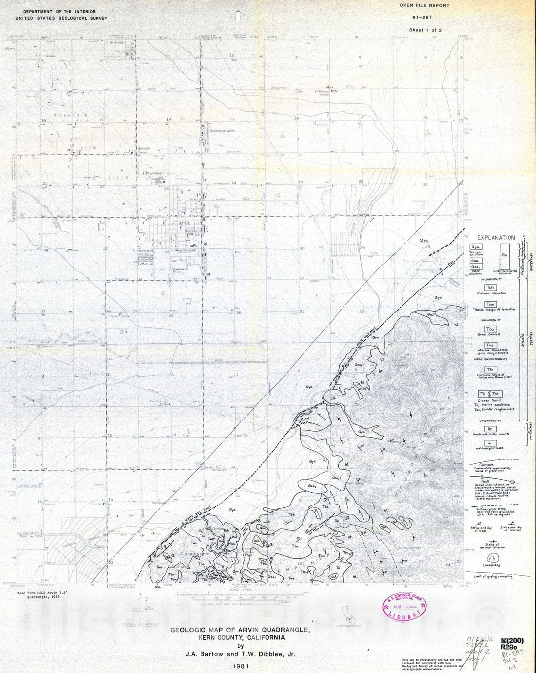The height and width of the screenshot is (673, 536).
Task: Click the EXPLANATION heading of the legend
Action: (x=496, y=238)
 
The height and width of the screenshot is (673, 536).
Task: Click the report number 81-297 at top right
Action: (x=423, y=18)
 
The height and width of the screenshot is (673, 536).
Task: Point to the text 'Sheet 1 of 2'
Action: (x=425, y=30)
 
